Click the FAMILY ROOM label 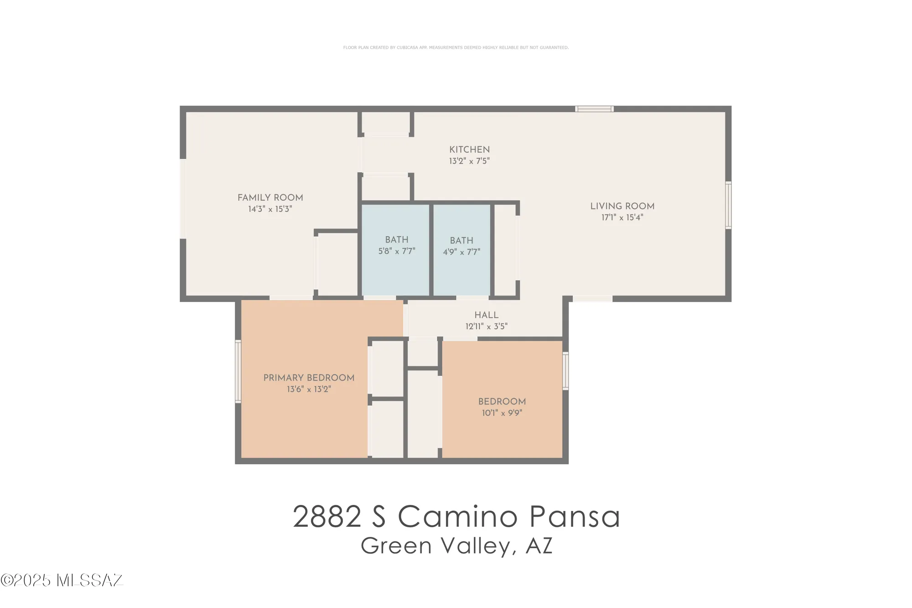click(x=270, y=197)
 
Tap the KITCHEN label click(x=470, y=150)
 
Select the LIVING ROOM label click(x=622, y=206)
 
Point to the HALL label click(x=487, y=315)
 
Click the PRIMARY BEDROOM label click(x=309, y=378)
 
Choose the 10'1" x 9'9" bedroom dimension click(x=502, y=413)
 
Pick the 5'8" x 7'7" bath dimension click(x=397, y=251)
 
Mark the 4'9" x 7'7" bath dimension click(x=461, y=252)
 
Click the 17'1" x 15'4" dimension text click(x=622, y=218)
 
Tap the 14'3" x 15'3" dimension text click(x=270, y=209)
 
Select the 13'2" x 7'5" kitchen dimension click(x=470, y=161)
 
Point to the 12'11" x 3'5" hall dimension click(x=487, y=327)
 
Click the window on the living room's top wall click(x=594, y=109)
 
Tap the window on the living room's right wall click(x=728, y=205)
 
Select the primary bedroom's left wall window click(x=238, y=371)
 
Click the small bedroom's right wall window click(x=565, y=371)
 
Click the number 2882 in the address click(x=327, y=517)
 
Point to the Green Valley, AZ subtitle click(x=456, y=546)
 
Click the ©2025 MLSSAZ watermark click(x=62, y=580)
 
